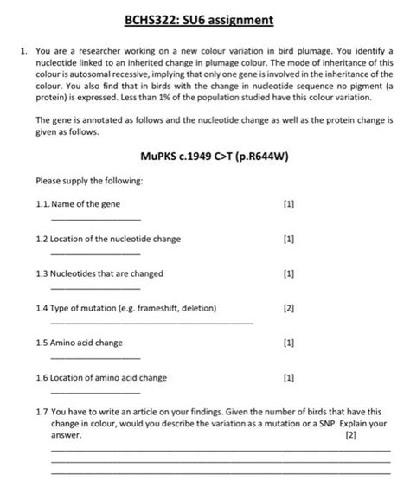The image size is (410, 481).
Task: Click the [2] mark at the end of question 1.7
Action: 349,436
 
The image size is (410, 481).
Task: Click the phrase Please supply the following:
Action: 83,182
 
